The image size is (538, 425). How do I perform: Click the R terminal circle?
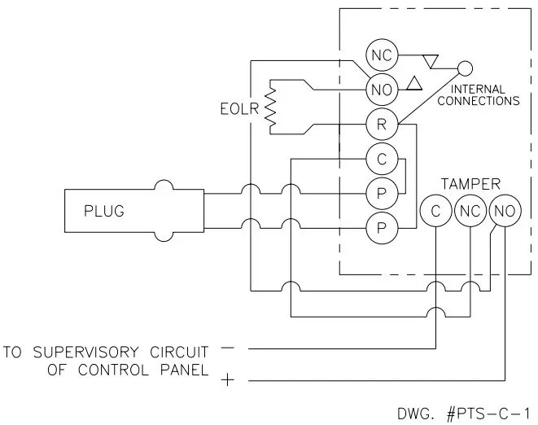click(381, 125)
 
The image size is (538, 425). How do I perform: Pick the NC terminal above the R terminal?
click(381, 55)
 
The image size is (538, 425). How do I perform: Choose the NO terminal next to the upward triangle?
click(381, 90)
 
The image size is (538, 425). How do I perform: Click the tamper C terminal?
click(435, 210)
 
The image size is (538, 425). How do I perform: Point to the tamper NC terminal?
click(470, 210)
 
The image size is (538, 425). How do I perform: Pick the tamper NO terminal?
click(504, 210)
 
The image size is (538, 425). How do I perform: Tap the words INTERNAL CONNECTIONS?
click(478, 95)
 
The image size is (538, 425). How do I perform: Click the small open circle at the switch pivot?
click(465, 69)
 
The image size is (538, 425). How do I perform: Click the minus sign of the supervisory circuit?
click(227, 348)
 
